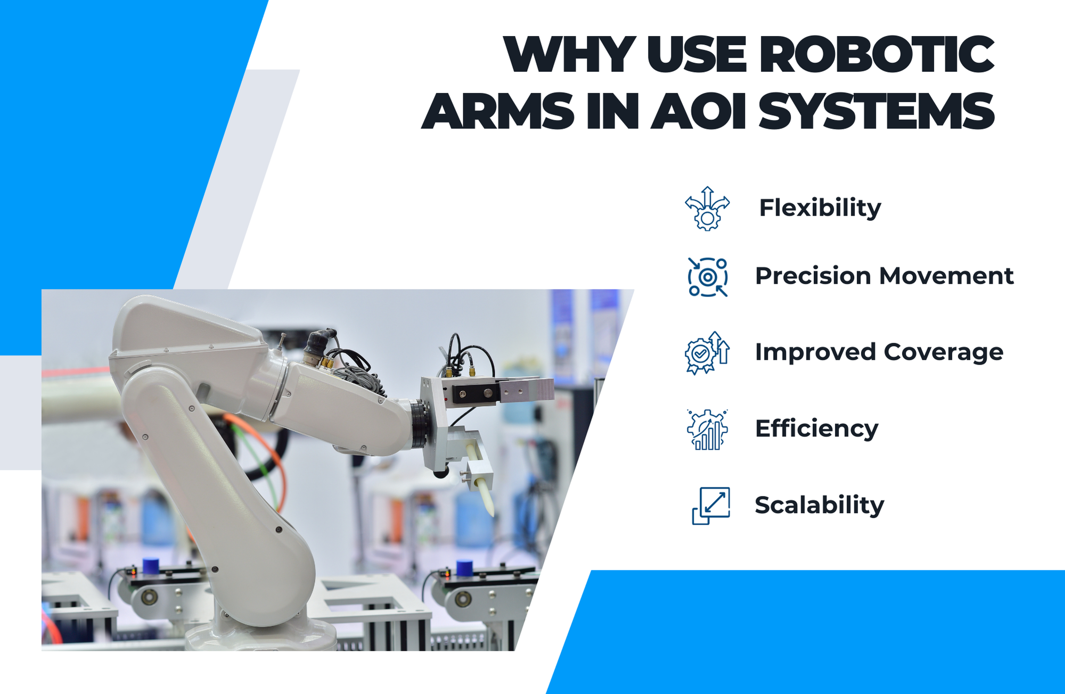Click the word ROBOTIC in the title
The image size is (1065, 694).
(876, 54)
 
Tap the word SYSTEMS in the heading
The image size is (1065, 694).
(876, 111)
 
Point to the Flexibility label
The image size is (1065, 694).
(820, 208)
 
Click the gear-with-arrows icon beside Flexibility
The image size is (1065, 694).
(707, 209)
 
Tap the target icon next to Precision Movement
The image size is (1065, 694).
(707, 277)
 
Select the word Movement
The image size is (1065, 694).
(946, 276)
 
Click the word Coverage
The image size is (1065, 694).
(943, 352)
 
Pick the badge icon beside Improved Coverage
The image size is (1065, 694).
(707, 352)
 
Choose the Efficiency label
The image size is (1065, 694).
(816, 429)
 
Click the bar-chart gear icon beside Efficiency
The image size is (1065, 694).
(707, 429)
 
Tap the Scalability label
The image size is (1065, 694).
(819, 505)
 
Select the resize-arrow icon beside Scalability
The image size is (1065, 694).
(711, 505)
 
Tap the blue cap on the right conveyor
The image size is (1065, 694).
(464, 568)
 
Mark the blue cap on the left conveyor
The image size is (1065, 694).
(151, 566)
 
